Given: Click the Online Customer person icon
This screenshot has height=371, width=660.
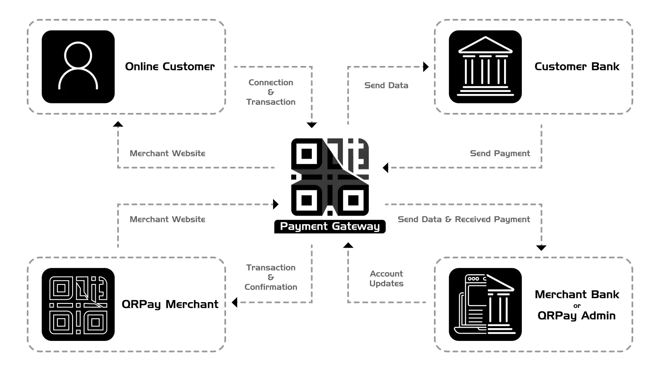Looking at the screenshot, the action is (78, 67).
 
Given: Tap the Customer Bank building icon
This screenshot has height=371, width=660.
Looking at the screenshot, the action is (485, 67).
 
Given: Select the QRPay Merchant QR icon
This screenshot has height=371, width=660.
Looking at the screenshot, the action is (78, 305).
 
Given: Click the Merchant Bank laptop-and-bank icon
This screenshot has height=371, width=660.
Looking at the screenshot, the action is (485, 305).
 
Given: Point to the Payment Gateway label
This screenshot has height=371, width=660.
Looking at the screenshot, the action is (330, 226).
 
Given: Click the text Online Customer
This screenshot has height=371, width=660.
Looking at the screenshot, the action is (170, 66).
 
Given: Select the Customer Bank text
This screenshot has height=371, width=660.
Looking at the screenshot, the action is (577, 66).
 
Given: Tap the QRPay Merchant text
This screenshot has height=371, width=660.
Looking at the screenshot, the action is (170, 305).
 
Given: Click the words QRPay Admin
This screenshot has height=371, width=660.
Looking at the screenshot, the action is (577, 316).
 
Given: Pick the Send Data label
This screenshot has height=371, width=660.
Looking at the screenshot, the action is (386, 85).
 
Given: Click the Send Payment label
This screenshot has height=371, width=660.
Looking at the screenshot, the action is (500, 153).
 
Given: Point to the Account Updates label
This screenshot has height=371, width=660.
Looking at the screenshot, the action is (386, 279).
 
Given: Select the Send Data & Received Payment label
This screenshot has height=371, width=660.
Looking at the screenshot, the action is (464, 219).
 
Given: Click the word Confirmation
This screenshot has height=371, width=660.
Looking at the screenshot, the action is (271, 287).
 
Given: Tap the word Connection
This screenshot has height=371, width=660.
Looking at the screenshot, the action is (271, 82).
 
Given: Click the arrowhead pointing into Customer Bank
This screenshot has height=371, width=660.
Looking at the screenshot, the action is (426, 67).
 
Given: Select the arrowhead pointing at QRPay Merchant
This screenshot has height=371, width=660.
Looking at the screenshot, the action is (235, 303).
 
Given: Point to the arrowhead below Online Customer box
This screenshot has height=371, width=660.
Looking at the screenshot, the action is (118, 124).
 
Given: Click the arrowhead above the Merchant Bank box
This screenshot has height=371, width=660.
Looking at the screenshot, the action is (541, 248).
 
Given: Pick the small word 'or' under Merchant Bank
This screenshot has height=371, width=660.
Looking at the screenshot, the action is (577, 306).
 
